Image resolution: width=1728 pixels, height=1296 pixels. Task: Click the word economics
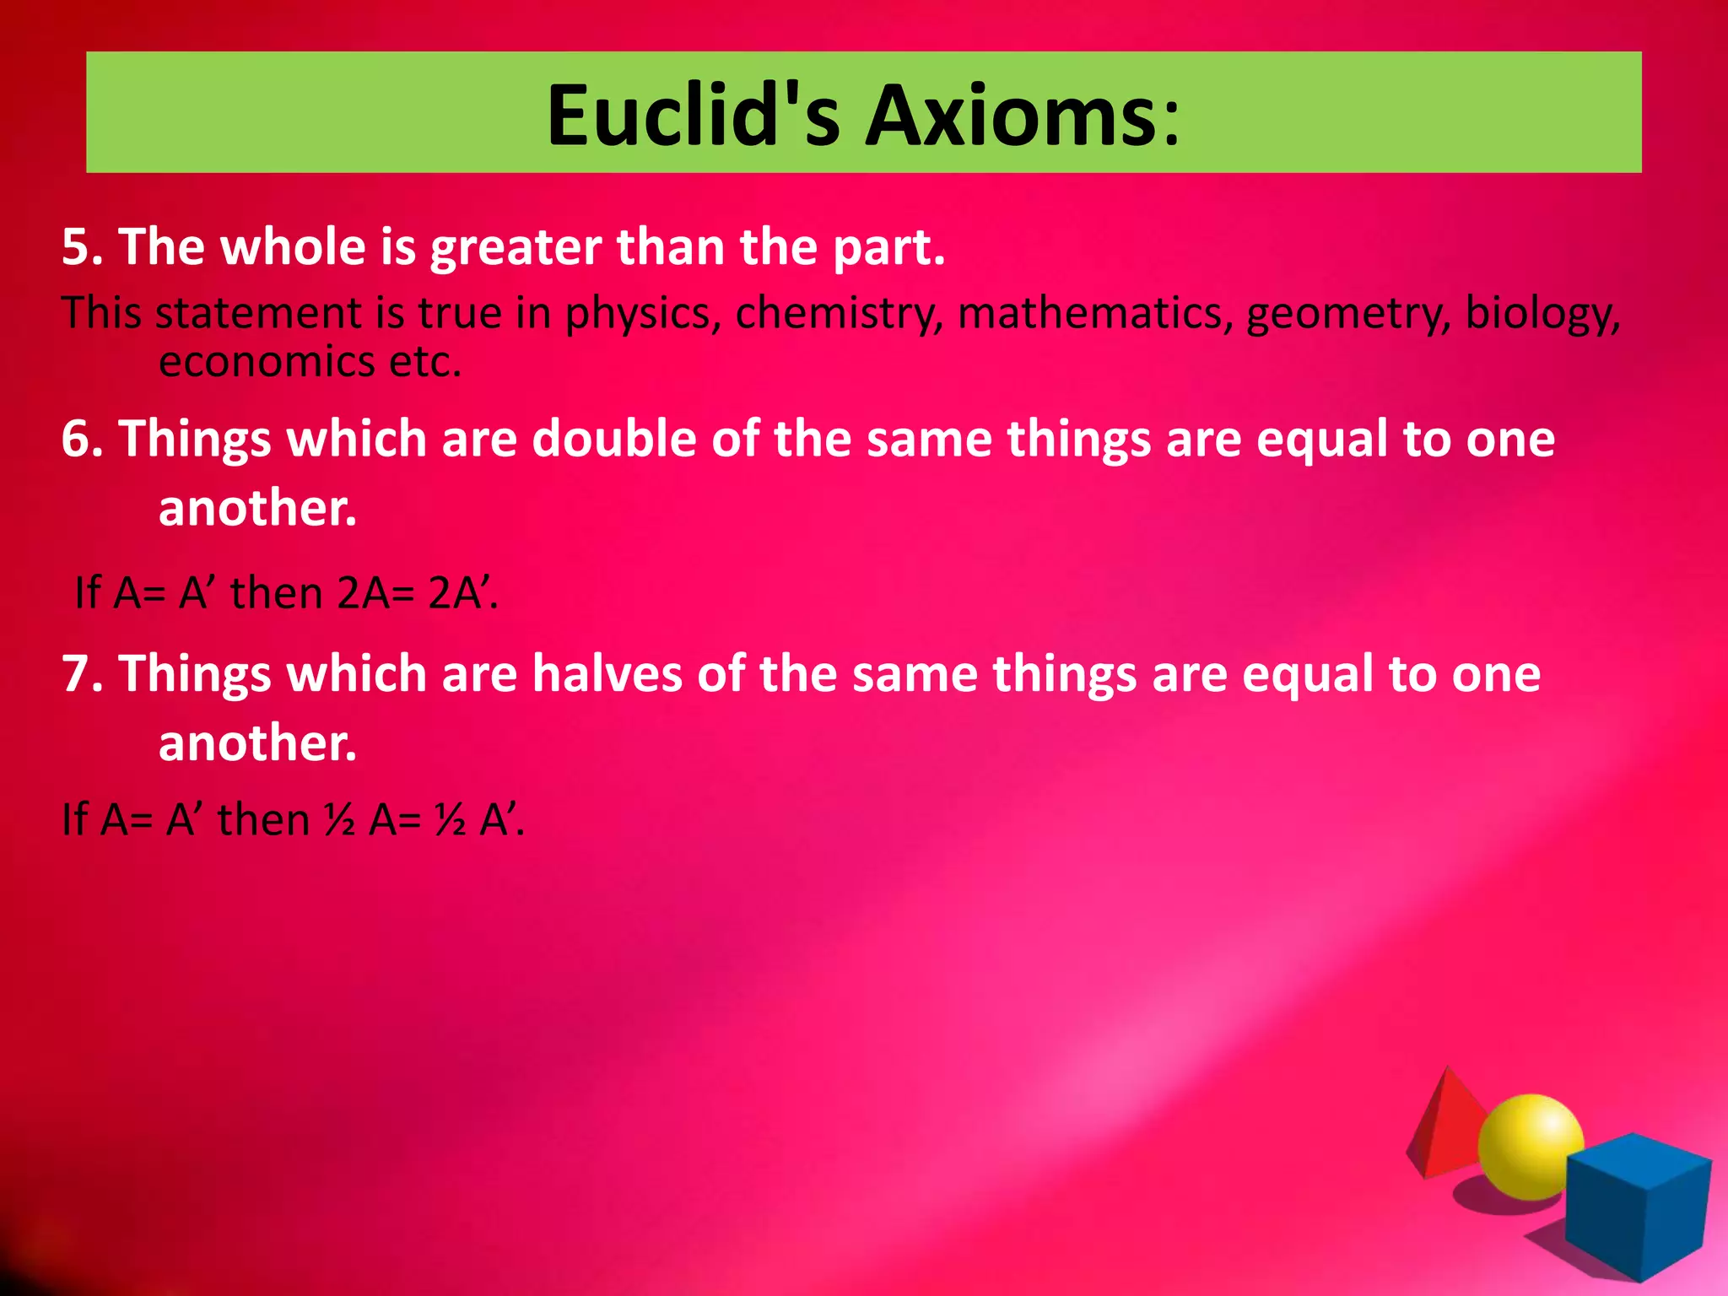267,362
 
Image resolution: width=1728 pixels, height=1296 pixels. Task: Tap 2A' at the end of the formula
461,592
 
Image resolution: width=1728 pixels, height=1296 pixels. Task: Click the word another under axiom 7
256,743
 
